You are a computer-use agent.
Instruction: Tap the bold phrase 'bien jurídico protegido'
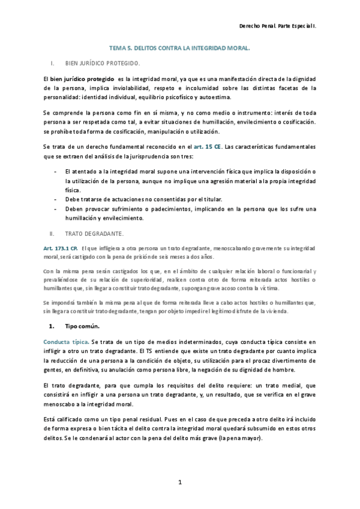click(80, 79)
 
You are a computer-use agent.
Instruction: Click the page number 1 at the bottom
click(179, 482)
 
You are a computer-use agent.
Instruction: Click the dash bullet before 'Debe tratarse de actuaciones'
click(55, 199)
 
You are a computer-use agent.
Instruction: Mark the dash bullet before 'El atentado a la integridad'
click(55, 172)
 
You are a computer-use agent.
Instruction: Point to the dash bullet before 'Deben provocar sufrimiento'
click(55, 209)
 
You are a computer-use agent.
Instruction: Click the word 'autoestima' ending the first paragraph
click(222, 97)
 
